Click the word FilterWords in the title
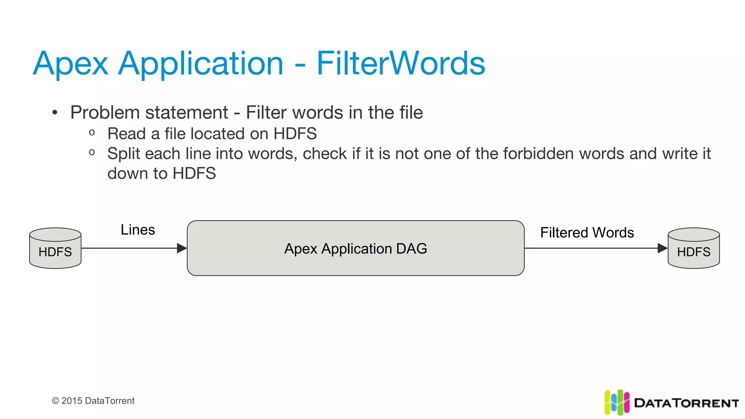[401, 64]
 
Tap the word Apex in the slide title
[71, 64]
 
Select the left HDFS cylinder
[55, 248]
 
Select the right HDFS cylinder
[694, 248]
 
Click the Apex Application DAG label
[355, 249]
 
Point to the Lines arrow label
[138, 230]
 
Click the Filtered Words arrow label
[587, 233]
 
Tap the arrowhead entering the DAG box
[182, 248]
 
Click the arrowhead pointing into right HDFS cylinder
[662, 248]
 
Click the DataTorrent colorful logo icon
[617, 402]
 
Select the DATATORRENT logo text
[686, 403]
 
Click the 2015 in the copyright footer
[72, 401]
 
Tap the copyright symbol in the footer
[56, 401]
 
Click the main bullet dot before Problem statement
[55, 113]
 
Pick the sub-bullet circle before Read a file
[92, 133]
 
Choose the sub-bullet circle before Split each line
[92, 152]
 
